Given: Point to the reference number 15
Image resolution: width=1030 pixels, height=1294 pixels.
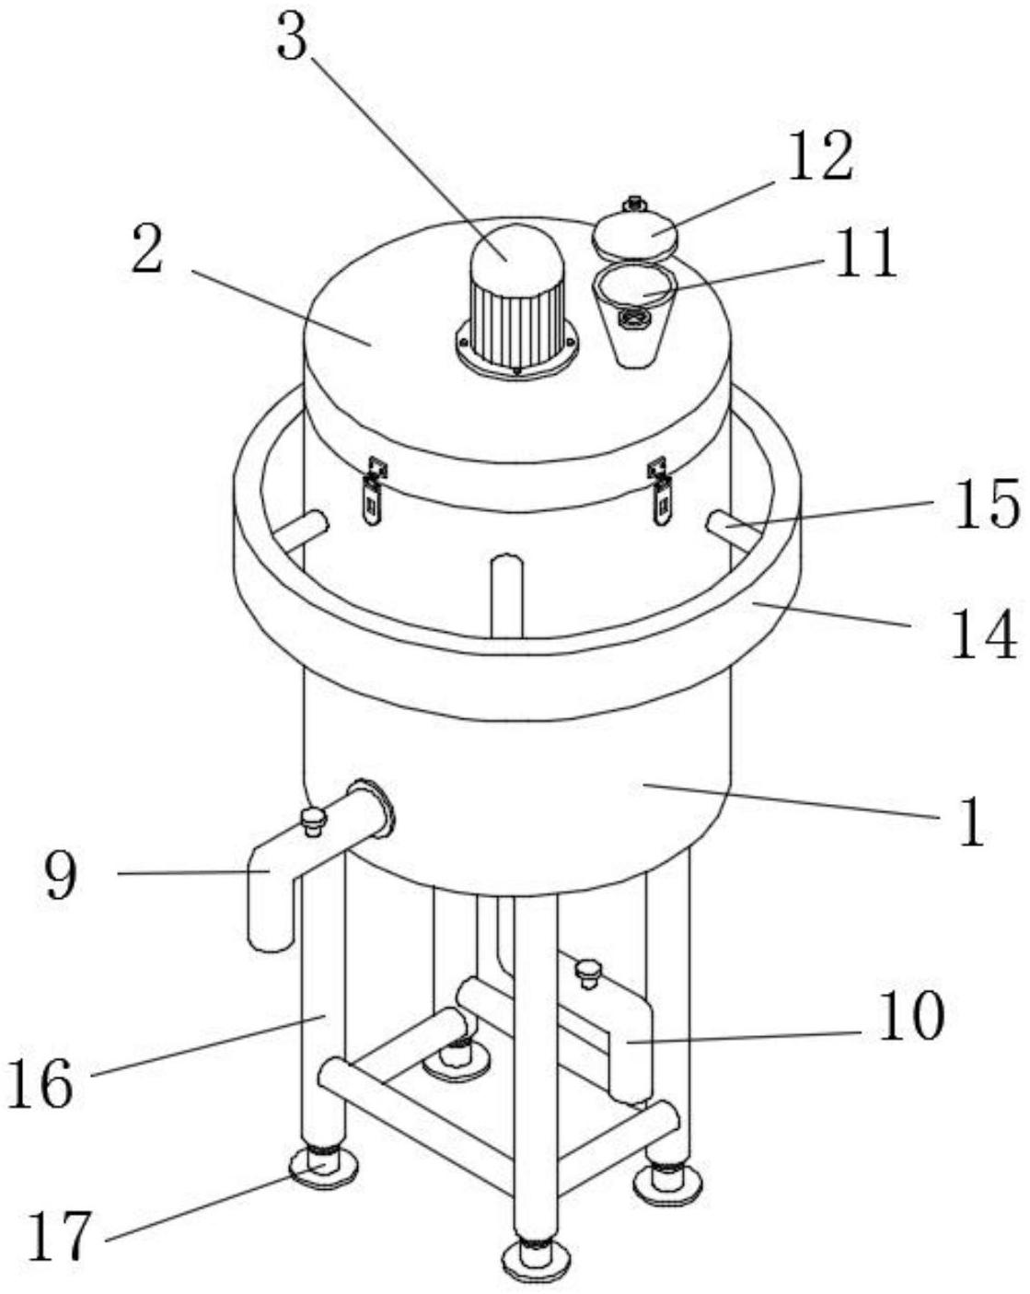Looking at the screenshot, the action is [x=986, y=504].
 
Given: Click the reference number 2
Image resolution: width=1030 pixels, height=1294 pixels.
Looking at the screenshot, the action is [x=148, y=249].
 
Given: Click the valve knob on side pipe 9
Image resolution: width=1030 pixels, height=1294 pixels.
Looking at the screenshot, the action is [x=313, y=821].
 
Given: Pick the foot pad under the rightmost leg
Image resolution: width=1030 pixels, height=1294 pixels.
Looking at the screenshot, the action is [x=668, y=1183].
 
